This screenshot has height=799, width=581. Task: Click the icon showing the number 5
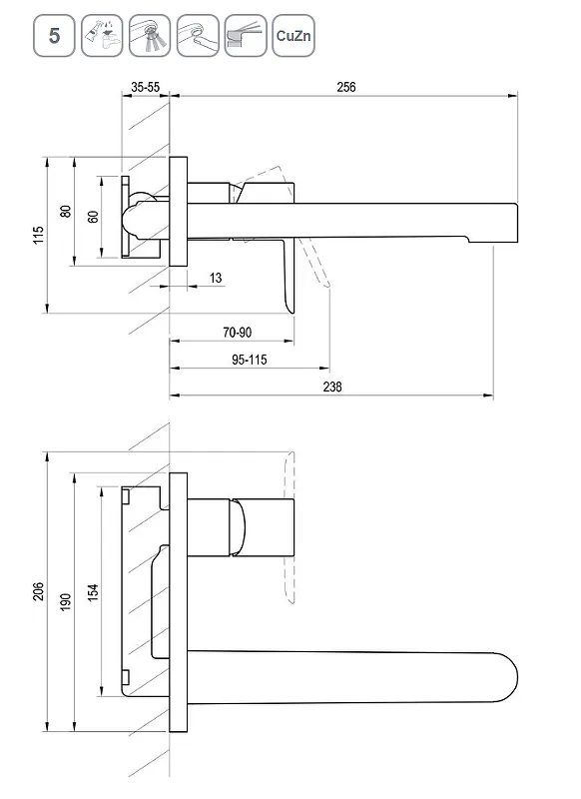[54, 36]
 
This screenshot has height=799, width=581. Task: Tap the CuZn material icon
[293, 36]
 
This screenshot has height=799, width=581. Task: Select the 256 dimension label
[346, 87]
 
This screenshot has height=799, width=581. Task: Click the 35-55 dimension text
[145, 87]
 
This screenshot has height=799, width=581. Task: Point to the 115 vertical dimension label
[39, 235]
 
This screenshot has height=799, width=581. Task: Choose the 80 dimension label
[66, 211]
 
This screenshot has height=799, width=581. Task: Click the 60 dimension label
[93, 217]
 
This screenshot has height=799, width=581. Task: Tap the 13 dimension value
[216, 278]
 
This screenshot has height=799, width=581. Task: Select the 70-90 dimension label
[238, 333]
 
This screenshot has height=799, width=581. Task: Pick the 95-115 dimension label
[250, 360]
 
